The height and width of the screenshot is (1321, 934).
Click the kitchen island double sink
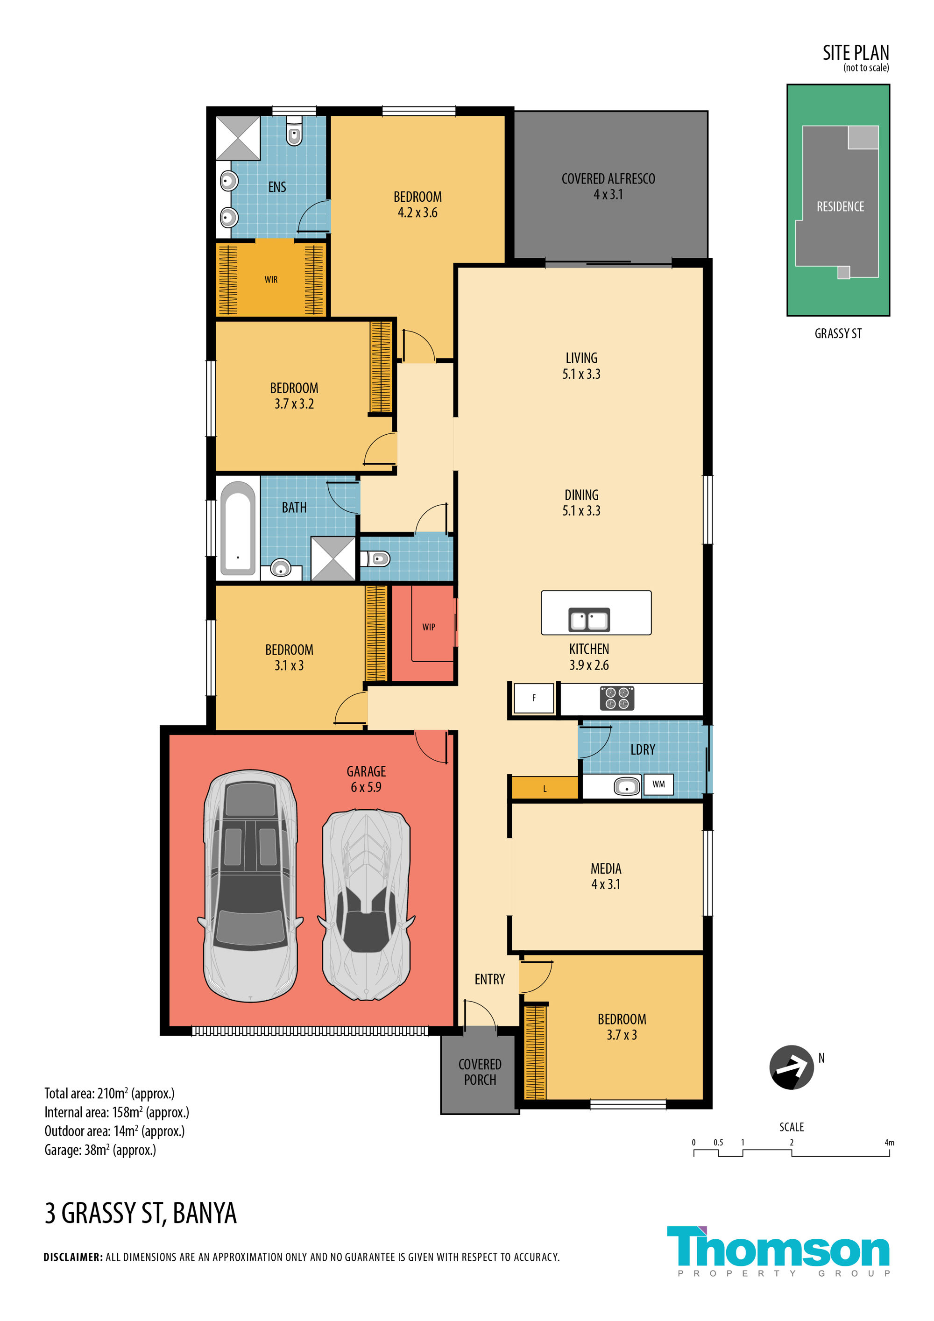(x=589, y=620)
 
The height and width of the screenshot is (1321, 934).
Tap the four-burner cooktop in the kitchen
(x=617, y=698)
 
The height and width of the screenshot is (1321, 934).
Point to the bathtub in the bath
(x=238, y=528)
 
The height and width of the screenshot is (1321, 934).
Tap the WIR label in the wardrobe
(x=271, y=280)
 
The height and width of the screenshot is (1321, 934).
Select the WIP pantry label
(x=429, y=627)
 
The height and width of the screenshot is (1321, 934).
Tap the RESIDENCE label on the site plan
(x=840, y=206)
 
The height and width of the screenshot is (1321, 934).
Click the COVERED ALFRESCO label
(x=609, y=186)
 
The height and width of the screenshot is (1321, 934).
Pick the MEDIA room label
(x=606, y=876)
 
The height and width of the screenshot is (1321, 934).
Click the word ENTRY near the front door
(x=490, y=979)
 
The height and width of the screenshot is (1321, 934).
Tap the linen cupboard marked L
(x=545, y=788)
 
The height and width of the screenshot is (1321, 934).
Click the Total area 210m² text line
(x=109, y=1093)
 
